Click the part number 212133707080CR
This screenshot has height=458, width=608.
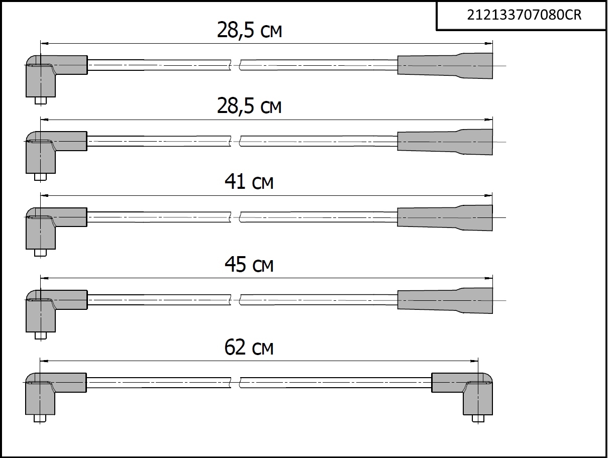(x=524, y=15)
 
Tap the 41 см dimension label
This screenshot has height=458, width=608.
(x=249, y=181)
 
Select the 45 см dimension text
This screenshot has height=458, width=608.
(x=249, y=264)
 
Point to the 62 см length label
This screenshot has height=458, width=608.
(x=249, y=347)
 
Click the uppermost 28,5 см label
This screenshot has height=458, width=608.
(x=249, y=30)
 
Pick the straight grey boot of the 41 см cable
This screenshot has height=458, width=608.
(x=445, y=218)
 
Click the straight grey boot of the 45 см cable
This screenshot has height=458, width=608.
(x=445, y=300)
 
